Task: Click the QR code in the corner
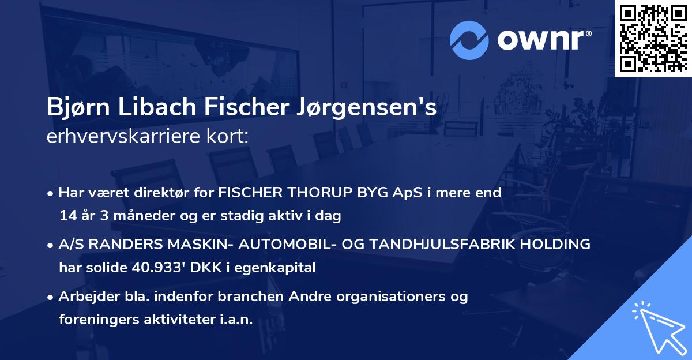click(x=653, y=38)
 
